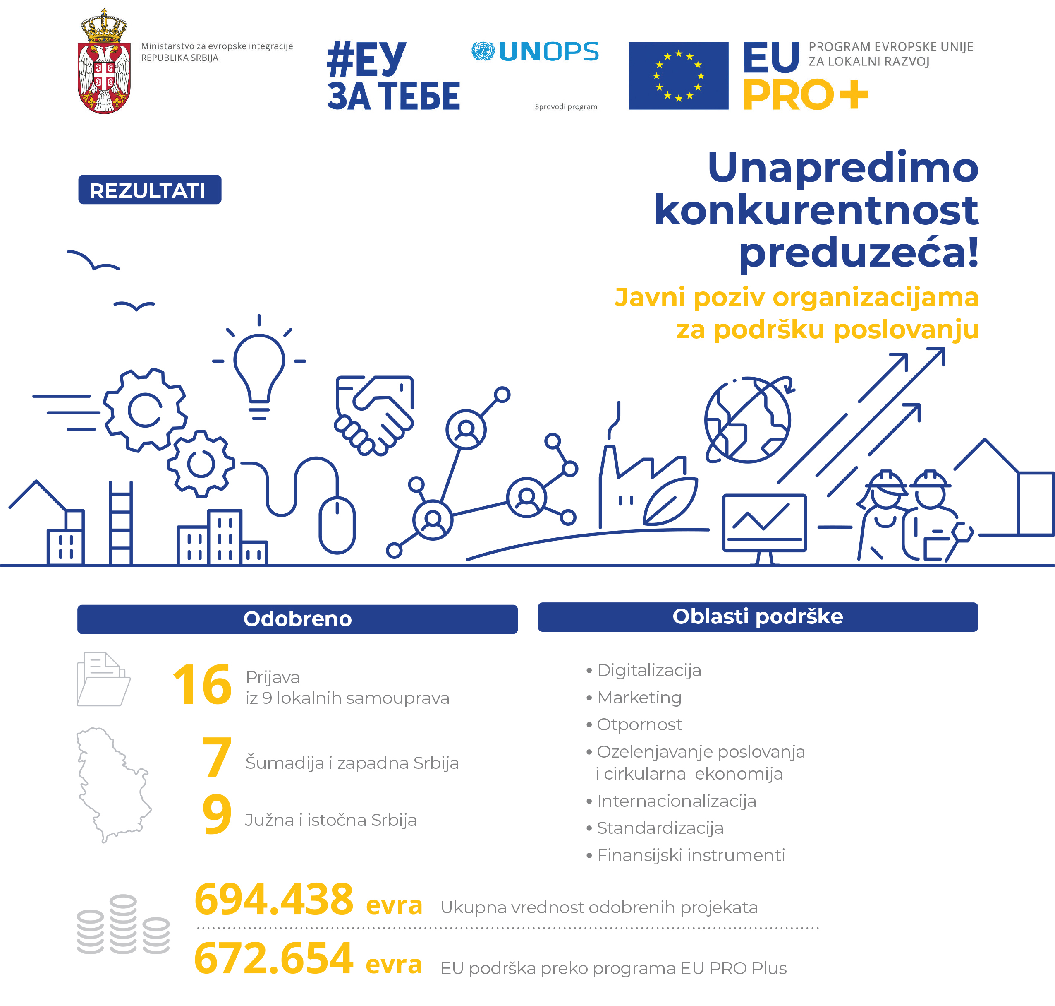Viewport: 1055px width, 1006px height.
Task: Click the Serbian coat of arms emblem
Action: point(105,63)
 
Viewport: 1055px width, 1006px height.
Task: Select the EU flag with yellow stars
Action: point(678,76)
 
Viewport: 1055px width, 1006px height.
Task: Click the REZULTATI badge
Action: point(149,190)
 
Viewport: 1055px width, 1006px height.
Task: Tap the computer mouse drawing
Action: point(337,525)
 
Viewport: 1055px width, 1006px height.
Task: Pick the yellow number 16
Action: point(202,685)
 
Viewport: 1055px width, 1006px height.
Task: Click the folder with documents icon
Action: point(103,679)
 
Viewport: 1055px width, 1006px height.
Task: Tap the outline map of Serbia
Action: point(112,783)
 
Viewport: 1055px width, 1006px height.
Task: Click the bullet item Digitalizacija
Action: point(649,670)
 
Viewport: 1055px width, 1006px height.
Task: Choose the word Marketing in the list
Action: point(639,698)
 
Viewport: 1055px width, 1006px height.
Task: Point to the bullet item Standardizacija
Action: point(660,828)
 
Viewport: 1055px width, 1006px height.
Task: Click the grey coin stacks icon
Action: point(123,925)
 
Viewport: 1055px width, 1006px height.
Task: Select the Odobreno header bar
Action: point(297,619)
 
